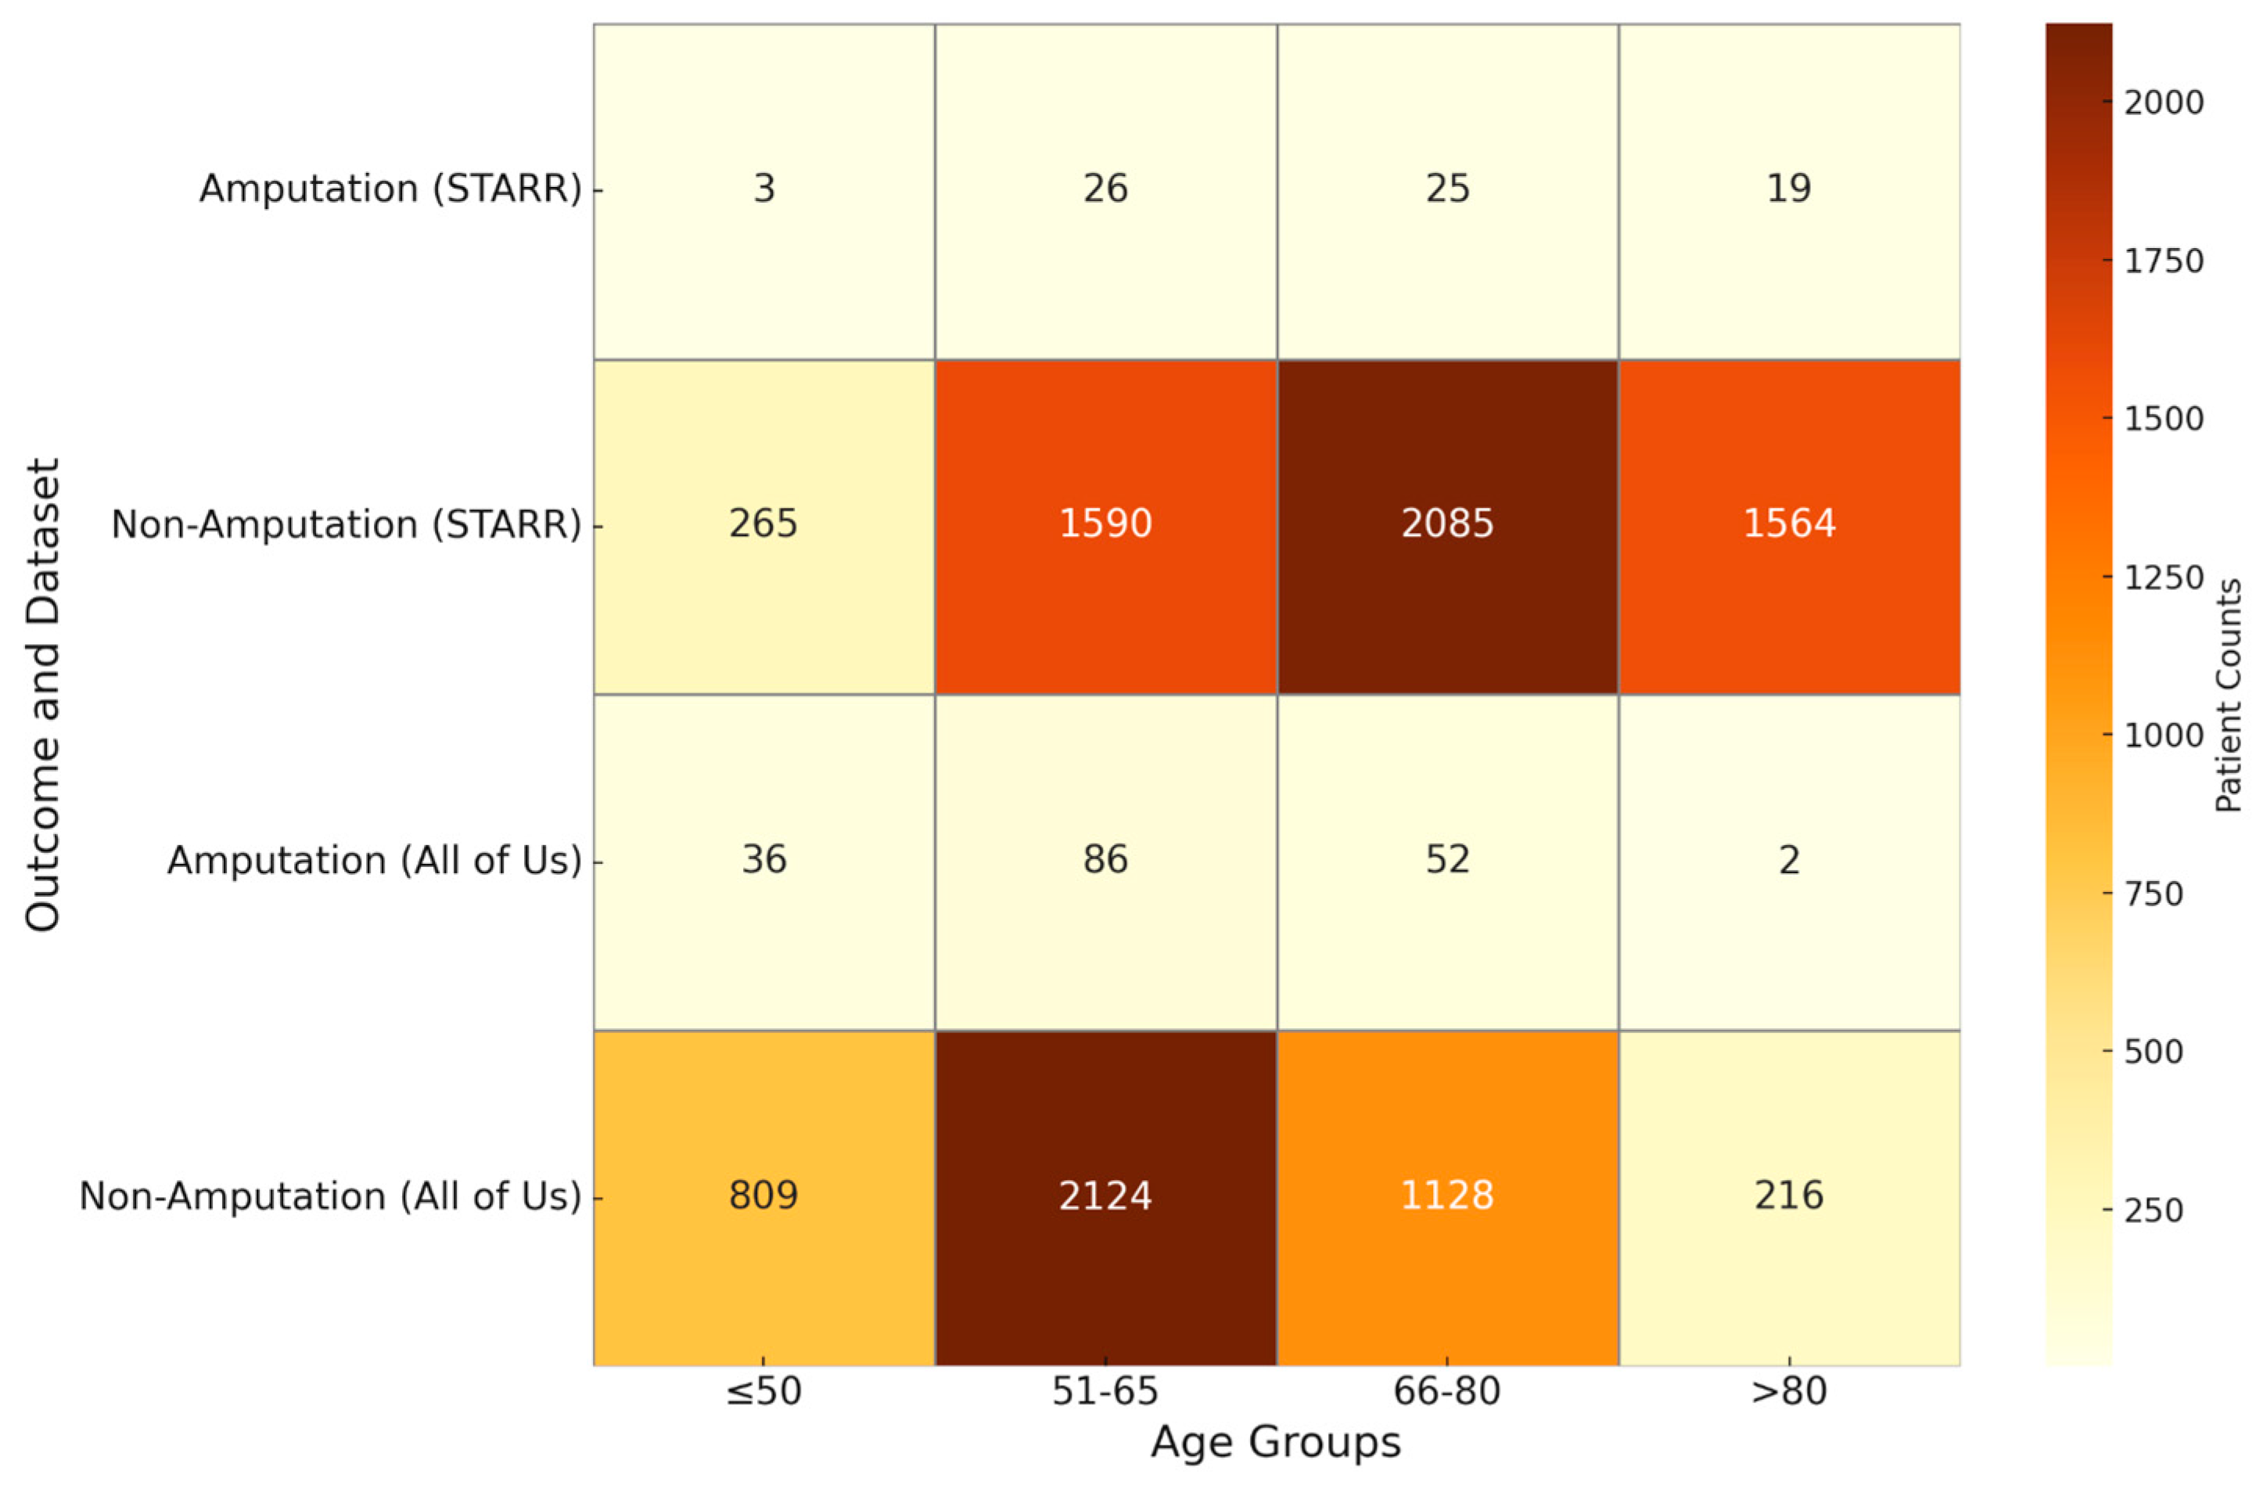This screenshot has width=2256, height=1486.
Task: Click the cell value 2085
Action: [x=1447, y=524]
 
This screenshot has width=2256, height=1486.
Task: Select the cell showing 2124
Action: [x=1105, y=1195]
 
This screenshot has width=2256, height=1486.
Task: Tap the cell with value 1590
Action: [x=1105, y=524]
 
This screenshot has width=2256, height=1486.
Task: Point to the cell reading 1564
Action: [x=1789, y=524]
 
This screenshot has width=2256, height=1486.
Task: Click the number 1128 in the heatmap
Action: [x=1447, y=1195]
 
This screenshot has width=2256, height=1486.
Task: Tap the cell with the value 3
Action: [x=764, y=188]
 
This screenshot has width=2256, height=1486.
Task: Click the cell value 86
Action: [x=1105, y=859]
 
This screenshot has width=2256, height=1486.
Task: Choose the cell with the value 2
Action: [x=1789, y=859]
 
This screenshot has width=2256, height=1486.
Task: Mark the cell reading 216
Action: [x=1789, y=1195]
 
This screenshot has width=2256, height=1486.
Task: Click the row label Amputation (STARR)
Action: [x=390, y=189]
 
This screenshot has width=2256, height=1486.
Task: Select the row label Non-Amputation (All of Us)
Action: [x=330, y=1196]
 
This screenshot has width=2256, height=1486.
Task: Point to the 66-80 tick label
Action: [x=1447, y=1391]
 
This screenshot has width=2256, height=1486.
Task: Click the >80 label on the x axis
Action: [x=1789, y=1391]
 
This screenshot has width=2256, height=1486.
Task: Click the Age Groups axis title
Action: [x=1276, y=1442]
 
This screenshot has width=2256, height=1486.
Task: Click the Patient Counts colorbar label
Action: [x=2229, y=694]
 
